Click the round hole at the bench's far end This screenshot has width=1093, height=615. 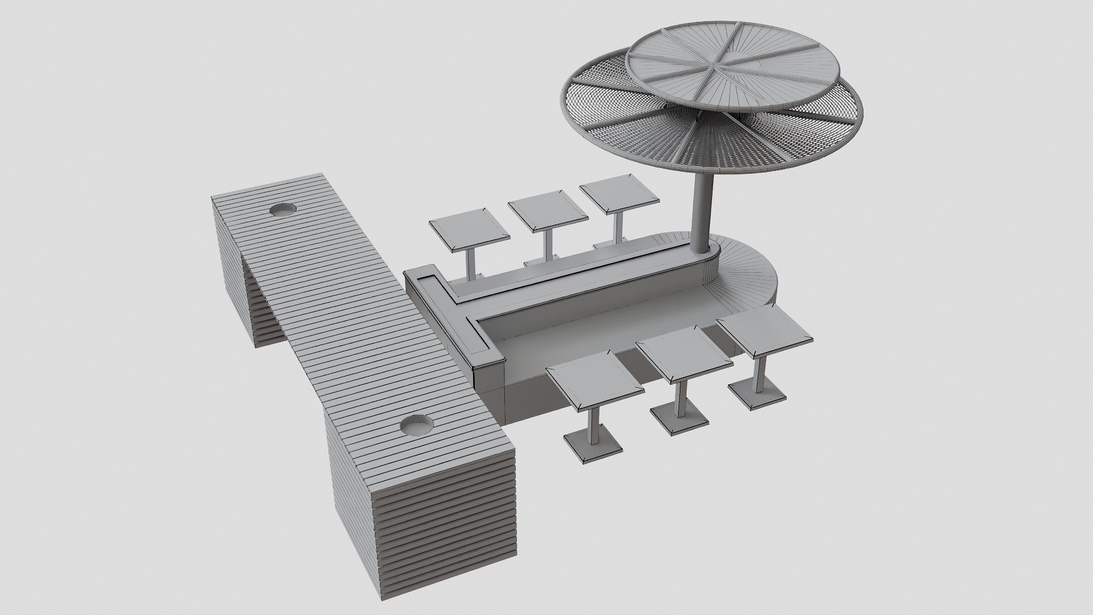click(282, 210)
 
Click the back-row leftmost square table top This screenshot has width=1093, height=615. click(469, 230)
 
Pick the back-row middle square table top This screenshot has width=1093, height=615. click(548, 215)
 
